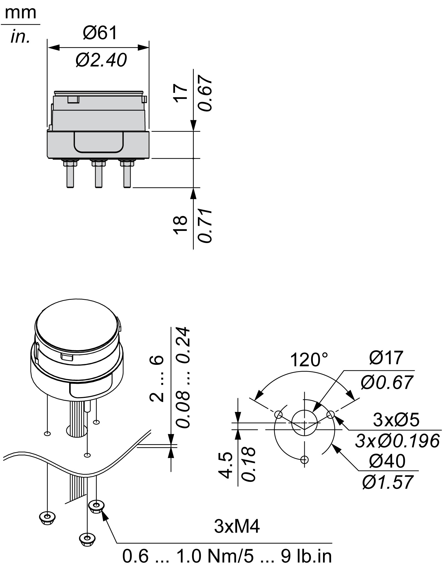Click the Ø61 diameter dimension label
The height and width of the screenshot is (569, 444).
100,33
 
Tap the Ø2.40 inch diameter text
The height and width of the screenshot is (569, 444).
101,60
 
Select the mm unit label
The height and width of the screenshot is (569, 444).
20,13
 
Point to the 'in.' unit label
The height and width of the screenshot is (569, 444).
20,37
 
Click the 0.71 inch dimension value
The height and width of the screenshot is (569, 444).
206,226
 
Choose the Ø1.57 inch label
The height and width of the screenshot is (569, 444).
388,482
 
